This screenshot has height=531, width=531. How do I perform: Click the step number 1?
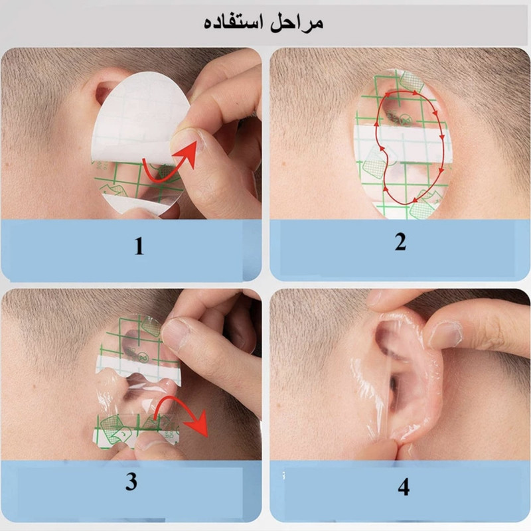139,246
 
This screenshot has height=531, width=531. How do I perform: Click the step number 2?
400,242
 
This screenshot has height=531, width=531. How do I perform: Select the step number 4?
404,487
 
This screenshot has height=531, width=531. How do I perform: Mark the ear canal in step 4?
392,385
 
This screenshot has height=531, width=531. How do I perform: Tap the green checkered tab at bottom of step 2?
422,209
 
